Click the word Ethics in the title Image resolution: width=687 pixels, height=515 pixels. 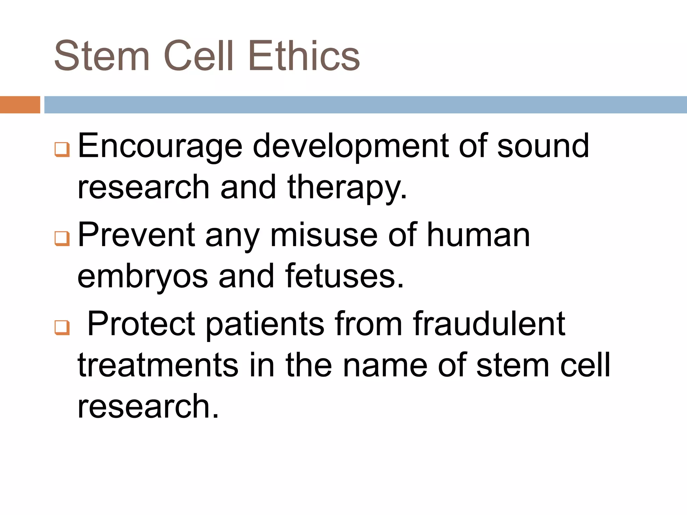tap(304, 56)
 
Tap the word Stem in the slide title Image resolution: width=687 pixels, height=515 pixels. tap(102, 56)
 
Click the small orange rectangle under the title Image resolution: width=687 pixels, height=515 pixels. tap(20, 105)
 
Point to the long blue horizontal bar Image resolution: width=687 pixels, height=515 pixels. tap(365, 105)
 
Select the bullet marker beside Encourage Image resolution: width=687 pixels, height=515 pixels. tap(62, 150)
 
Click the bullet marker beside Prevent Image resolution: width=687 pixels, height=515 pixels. tap(62, 239)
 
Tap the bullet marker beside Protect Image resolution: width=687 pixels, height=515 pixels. tap(62, 328)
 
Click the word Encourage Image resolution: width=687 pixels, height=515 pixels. tap(160, 146)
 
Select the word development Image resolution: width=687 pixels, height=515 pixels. tap(350, 146)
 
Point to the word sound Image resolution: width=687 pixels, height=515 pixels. tap(543, 146)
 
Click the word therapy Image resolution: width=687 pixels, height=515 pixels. tap(347, 188)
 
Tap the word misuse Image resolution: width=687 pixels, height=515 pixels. tap(324, 235)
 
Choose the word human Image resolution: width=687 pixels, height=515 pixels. tap(478, 235)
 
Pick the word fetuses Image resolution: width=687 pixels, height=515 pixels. tap(345, 277)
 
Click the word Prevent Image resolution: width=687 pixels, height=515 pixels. tap(136, 235)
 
